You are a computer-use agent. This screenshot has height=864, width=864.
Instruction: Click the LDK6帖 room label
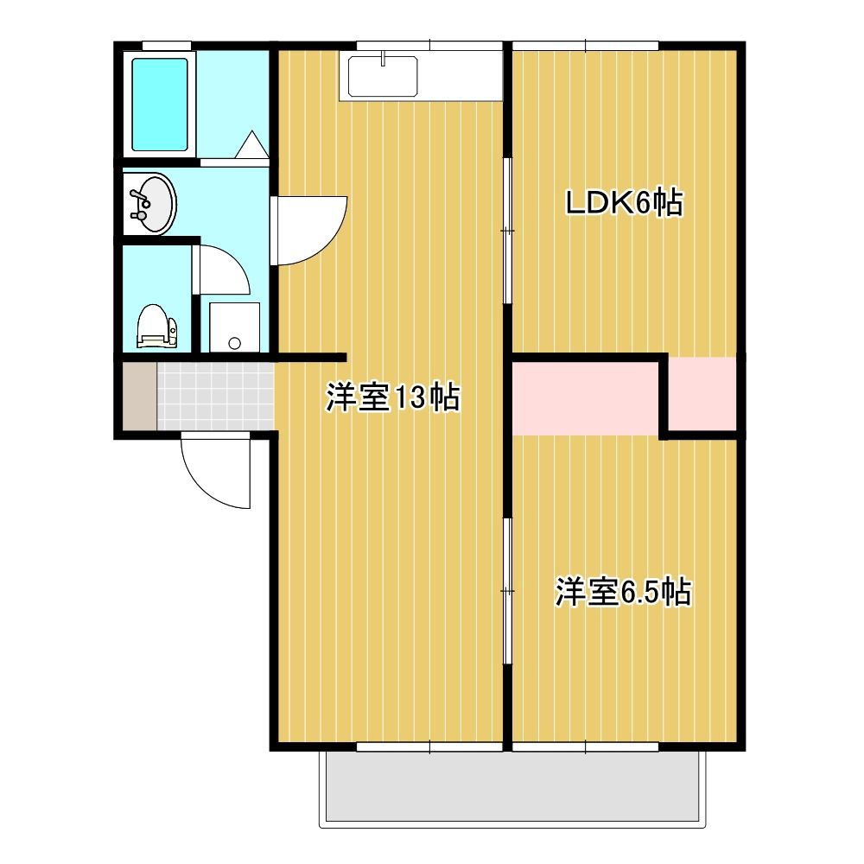pyautogui.click(x=625, y=204)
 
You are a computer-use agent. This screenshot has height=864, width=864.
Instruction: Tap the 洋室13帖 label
pyautogui.click(x=393, y=397)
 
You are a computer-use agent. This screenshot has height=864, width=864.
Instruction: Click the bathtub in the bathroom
pyautogui.click(x=159, y=105)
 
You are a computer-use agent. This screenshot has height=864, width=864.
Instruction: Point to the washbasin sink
pyautogui.click(x=150, y=203)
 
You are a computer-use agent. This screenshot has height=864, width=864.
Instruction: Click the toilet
pyautogui.click(x=157, y=327)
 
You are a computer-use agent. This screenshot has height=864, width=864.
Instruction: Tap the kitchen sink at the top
pyautogui.click(x=383, y=77)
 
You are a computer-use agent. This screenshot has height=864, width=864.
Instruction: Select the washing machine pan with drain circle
pyautogui.click(x=234, y=327)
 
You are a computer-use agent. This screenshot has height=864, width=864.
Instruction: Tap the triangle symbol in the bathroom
pyautogui.click(x=251, y=144)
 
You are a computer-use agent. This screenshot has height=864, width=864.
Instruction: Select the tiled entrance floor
pyautogui.click(x=215, y=395)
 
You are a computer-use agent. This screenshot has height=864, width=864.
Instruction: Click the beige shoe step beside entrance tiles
pyautogui.click(x=139, y=395)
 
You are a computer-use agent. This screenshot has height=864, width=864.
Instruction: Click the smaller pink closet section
pyautogui.click(x=702, y=393)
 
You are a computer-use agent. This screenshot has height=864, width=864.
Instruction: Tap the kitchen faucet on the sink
pyautogui.click(x=383, y=57)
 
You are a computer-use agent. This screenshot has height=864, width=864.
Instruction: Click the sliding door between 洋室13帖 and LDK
pyautogui.click(x=507, y=231)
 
